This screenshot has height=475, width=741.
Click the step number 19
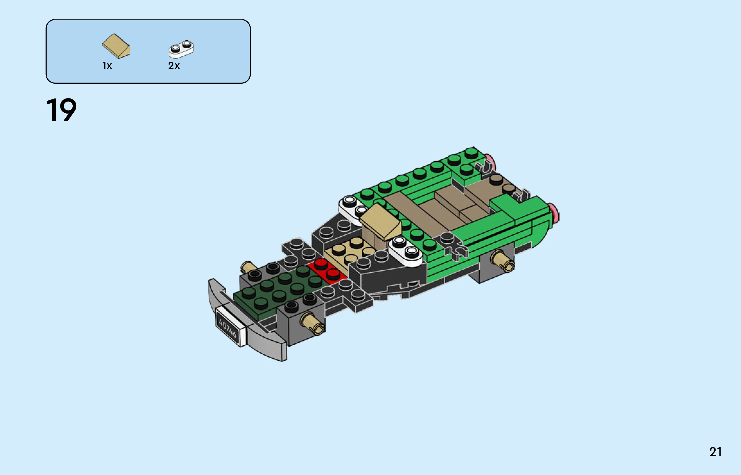click(x=61, y=110)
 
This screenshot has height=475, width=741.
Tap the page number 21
click(x=715, y=452)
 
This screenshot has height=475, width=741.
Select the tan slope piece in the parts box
click(x=116, y=46)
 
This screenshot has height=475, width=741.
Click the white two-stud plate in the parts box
click(x=181, y=49)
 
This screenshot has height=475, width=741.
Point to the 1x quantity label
click(x=107, y=66)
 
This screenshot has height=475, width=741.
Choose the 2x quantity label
click(x=174, y=66)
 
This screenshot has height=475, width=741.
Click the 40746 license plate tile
click(x=230, y=326)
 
